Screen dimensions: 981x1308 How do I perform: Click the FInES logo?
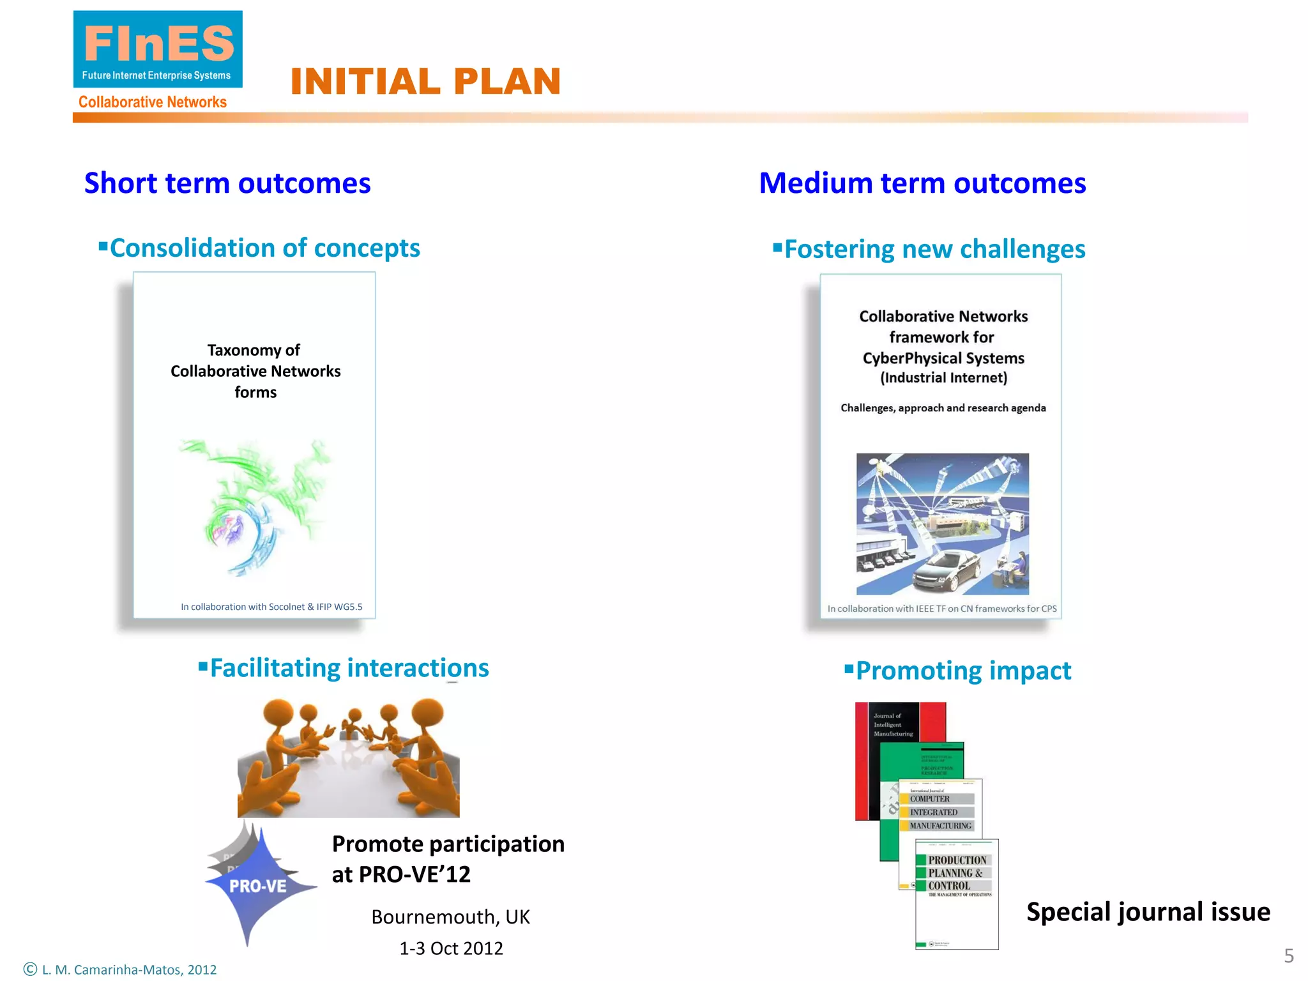point(158,50)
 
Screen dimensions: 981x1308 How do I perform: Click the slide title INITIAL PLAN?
point(425,82)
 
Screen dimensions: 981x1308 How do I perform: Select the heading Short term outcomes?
point(227,183)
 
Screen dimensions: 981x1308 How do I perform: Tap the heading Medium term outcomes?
point(922,183)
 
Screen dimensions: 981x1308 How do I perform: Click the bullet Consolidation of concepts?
point(264,248)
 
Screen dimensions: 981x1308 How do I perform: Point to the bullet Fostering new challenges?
point(934,249)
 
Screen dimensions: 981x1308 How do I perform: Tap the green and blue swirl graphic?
point(255,505)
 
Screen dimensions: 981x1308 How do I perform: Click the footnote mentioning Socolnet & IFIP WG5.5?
point(271,607)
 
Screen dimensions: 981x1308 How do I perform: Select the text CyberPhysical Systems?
point(943,358)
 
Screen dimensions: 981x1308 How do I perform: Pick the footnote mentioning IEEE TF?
point(942,609)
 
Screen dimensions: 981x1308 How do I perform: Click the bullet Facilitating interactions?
point(349,668)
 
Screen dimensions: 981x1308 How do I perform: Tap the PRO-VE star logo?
point(258,885)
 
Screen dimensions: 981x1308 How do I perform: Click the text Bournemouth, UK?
point(450,917)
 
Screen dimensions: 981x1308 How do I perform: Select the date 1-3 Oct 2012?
point(451,948)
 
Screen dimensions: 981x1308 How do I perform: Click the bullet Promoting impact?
point(962,671)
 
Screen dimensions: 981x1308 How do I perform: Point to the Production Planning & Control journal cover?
point(957,894)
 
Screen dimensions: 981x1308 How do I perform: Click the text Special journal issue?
point(1148,911)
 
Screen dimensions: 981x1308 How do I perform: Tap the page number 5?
point(1289,955)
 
